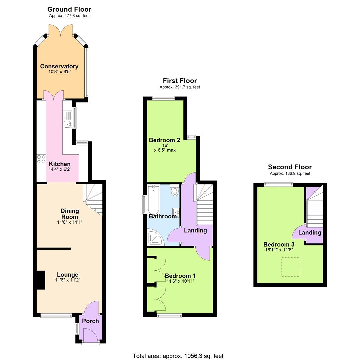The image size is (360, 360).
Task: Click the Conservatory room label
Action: [59, 66]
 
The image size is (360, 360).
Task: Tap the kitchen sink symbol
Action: [68, 124]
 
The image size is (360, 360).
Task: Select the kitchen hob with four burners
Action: [41, 159]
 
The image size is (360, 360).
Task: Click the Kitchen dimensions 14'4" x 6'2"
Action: [60, 169]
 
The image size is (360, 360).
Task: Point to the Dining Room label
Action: [70, 214]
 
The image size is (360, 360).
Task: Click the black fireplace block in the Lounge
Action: [40, 280]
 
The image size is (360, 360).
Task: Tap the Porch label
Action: [90, 321]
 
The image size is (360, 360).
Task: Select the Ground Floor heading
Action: [69, 9]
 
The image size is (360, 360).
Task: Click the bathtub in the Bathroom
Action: [154, 200]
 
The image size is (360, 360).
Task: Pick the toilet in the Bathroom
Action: [174, 191]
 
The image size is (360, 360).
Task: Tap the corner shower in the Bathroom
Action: [155, 238]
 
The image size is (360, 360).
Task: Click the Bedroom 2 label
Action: [164, 140]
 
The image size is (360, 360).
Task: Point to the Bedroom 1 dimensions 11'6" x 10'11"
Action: [180, 281]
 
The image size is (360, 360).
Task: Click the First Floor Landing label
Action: [195, 230]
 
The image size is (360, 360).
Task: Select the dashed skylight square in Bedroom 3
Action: [291, 267]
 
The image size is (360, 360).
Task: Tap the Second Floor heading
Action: [290, 167]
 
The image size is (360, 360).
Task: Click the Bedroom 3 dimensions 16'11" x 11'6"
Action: [279, 250]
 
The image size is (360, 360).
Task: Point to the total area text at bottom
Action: [178, 356]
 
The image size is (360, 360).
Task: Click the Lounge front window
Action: [56, 315]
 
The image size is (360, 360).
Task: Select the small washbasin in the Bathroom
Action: [176, 211]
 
